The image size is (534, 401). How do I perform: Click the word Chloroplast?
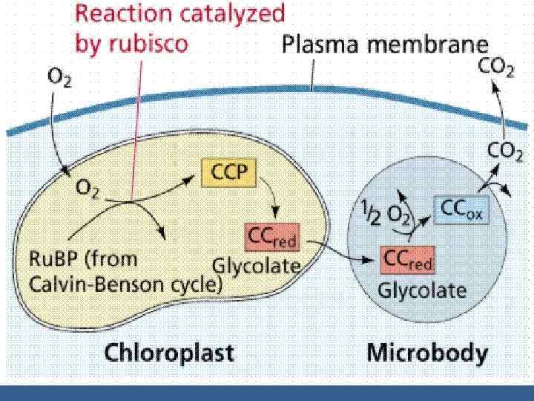tap(168, 352)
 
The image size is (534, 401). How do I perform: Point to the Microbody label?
tap(428, 352)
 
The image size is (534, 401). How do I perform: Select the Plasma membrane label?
tap(386, 46)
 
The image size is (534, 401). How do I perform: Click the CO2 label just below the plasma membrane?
tap(501, 151)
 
